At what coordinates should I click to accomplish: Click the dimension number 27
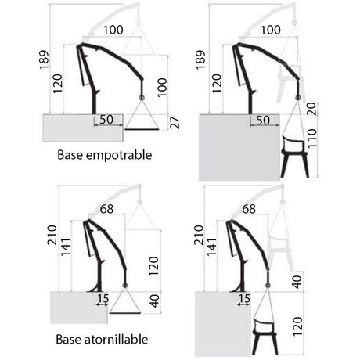click(175, 123)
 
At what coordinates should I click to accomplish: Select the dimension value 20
click(311, 109)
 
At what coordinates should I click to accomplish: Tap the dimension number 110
click(311, 138)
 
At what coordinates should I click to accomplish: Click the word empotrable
click(119, 155)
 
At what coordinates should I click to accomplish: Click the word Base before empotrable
click(70, 155)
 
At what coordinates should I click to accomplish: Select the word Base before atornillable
click(69, 340)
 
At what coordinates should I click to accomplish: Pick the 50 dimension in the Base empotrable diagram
click(106, 120)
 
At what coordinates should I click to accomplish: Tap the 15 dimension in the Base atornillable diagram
click(103, 298)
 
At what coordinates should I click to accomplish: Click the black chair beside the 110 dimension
click(294, 156)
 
